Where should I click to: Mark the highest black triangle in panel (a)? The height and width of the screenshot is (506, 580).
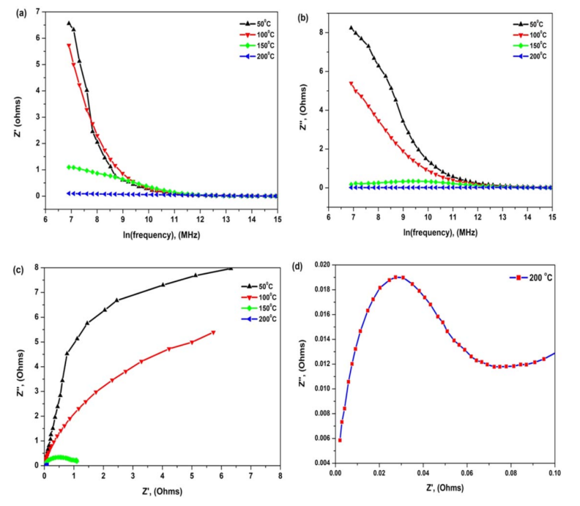point(69,23)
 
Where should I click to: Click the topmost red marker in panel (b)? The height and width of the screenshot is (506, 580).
point(352,83)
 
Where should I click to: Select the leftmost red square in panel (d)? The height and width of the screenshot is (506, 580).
point(340,439)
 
